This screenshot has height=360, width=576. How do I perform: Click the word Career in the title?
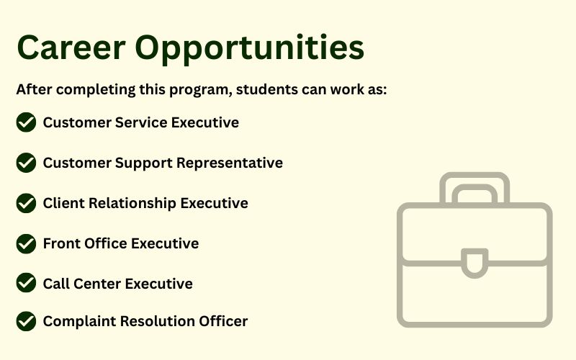pos(71,48)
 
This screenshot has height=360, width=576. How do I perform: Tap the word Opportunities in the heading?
pos(249,50)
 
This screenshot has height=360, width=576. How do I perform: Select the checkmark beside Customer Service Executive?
pos(26,122)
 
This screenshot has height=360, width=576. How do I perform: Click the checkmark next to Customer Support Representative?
pos(26,163)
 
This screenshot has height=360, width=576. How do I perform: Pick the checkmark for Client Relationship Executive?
pos(26,203)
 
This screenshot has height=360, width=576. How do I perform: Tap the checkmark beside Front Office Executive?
pos(26,243)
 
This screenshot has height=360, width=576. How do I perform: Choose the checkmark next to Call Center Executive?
pos(26,282)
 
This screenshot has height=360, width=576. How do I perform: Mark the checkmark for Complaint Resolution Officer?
pos(26,321)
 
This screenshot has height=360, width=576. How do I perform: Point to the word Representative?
pos(230,163)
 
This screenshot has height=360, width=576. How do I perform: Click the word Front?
pos(61,243)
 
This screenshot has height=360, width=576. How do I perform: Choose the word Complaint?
pos(80,321)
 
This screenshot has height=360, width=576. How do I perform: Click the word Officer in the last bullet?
pos(223,321)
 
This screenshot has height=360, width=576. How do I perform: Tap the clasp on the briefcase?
pos(474,263)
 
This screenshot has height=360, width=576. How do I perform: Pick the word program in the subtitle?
pos(201,91)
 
